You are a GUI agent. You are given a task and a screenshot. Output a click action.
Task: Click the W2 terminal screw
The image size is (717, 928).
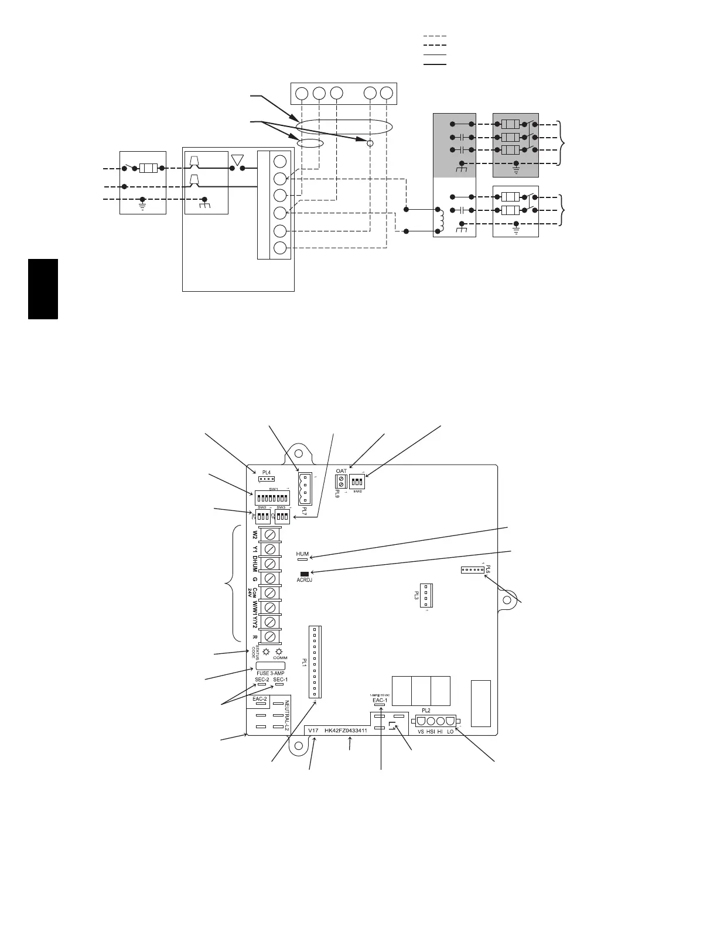270,535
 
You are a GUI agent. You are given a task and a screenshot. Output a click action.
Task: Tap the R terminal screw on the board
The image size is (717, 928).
270,636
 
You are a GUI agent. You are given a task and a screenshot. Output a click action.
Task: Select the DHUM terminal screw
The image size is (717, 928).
270,564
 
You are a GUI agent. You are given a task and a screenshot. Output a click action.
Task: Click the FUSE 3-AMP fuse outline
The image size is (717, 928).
270,666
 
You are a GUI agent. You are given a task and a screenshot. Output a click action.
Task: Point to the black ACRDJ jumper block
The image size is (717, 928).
304,574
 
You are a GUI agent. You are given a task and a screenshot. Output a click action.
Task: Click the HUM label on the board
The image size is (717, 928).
302,554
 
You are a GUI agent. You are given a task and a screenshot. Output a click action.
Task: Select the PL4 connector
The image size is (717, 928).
267,479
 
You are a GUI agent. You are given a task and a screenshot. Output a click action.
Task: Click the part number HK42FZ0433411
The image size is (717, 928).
346,731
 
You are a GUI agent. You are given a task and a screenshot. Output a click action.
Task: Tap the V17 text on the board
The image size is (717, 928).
313,731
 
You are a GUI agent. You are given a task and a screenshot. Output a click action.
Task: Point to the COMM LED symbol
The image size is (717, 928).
279,652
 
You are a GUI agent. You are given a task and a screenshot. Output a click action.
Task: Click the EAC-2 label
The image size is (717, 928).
260,699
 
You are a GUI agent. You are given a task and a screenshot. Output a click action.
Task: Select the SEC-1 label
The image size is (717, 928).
280,680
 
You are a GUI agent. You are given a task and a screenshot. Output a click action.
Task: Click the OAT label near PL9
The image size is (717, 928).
342,471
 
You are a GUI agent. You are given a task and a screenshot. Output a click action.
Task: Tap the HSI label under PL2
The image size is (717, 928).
431,732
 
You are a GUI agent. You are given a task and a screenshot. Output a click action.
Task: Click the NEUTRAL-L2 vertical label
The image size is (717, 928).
287,716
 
